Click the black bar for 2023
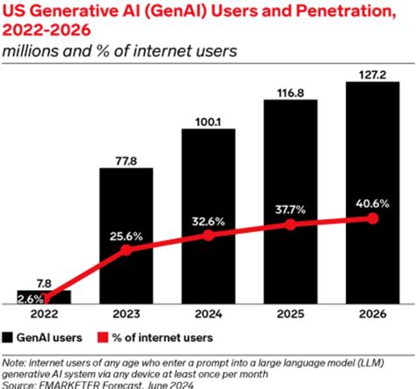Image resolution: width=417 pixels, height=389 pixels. tap(125, 220)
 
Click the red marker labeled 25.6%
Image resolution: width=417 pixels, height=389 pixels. tap(125, 250)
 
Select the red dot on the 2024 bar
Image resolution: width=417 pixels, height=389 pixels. tap(208, 235)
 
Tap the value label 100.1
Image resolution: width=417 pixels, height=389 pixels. tap(208, 121)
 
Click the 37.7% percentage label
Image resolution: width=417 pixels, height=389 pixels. tap(290, 209)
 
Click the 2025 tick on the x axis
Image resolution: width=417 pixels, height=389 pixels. tap(290, 314)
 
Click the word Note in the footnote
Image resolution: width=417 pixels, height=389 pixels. tap(15, 360)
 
